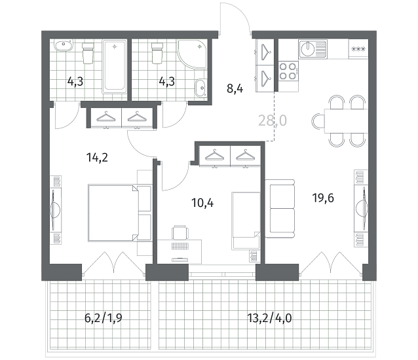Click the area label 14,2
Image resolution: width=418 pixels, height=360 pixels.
pyautogui.click(x=97, y=158)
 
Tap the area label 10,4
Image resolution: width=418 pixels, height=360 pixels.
pyautogui.click(x=202, y=203)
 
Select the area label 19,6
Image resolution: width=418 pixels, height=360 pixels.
pyautogui.click(x=323, y=198)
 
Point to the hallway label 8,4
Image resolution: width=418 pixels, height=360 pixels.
pyautogui.click(x=235, y=88)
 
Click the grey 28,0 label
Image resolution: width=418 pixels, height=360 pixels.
pyautogui.click(x=273, y=120)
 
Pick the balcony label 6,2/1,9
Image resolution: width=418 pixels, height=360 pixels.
pyautogui.click(x=104, y=317)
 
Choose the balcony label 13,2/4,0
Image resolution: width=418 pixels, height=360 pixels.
pyautogui.click(x=269, y=317)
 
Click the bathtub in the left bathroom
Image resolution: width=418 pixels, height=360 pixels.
pyautogui.click(x=115, y=67)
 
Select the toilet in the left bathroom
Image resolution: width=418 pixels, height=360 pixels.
pyautogui.click(x=88, y=53)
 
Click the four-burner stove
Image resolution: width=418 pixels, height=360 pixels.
pyautogui.click(x=288, y=71)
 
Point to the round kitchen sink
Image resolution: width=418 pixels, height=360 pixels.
pyautogui.click(x=308, y=49)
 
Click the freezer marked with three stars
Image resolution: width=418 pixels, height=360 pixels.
pyautogui.click(x=358, y=49)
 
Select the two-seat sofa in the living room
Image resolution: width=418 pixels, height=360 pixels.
pyautogui.click(x=280, y=209)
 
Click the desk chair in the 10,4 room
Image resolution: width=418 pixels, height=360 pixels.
pyautogui.click(x=180, y=232)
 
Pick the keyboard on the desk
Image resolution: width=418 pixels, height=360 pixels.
pyautogui.click(x=180, y=246)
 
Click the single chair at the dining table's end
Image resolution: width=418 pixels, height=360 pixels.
pyautogui.click(x=318, y=121)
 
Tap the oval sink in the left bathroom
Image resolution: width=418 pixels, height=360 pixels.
pyautogui.click(x=64, y=46)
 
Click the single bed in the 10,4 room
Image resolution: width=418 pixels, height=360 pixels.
pyautogui.click(x=246, y=221)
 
